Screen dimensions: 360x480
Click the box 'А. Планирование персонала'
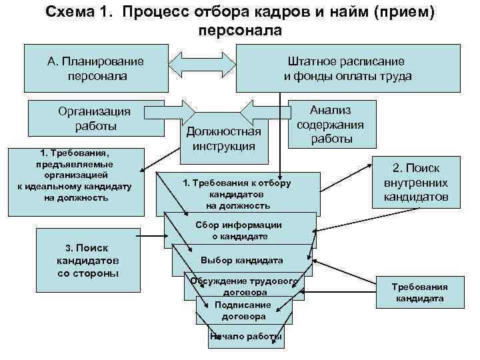[x=95, y=68]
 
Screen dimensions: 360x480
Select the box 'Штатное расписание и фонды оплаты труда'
[x=347, y=68]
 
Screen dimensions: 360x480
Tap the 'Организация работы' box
[x=95, y=118]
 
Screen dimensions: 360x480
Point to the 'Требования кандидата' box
[x=419, y=293]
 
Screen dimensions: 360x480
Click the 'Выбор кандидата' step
[x=241, y=260]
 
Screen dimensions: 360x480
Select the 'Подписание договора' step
[x=243, y=310]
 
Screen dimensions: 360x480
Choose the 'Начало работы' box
[x=245, y=337]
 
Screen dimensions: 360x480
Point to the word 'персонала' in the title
[x=240, y=30]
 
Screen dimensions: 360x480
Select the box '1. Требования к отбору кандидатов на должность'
[x=237, y=194]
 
